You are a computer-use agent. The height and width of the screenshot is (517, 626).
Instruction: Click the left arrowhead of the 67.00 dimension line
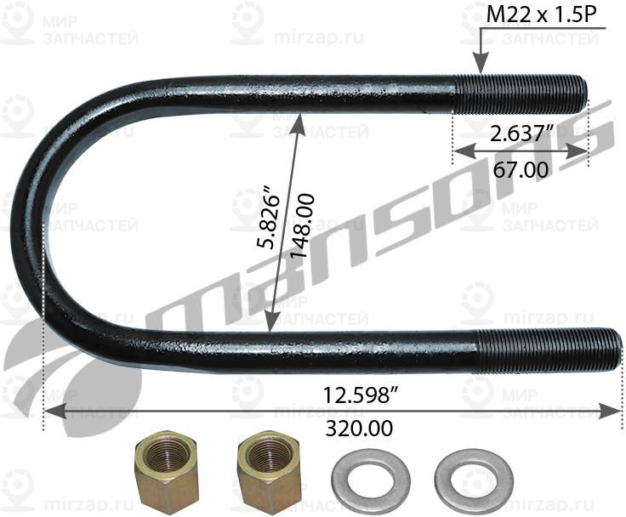(459, 151)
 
